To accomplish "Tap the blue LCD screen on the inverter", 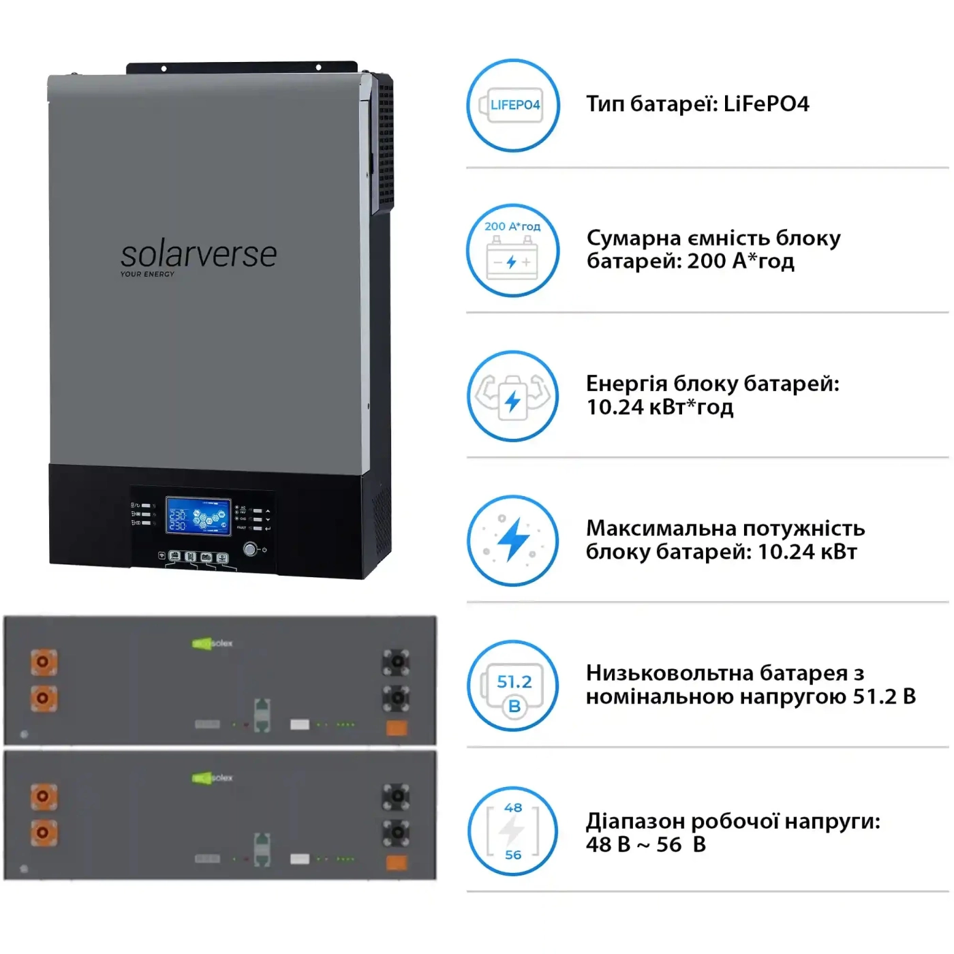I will coord(198,516).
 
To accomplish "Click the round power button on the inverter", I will coord(250,549).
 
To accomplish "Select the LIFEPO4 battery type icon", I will coord(513,105).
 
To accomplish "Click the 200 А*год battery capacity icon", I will coord(513,251).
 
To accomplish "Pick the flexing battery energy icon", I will coord(513,396).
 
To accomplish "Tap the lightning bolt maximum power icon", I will coord(513,541).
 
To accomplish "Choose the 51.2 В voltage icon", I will coord(513,686).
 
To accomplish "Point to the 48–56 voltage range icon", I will coord(513,831).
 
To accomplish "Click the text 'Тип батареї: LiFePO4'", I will coord(697,104).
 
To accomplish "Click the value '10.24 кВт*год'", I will coord(660,407).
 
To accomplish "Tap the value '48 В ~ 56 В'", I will coord(645,845).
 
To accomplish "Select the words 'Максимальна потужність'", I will coord(725,529).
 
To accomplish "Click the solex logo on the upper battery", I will coord(213,643).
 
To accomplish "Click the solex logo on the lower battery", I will coord(213,778).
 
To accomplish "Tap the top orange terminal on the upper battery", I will coord(44,662).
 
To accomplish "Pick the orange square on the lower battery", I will coord(397,863).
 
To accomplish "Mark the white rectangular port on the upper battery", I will coord(300,724).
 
